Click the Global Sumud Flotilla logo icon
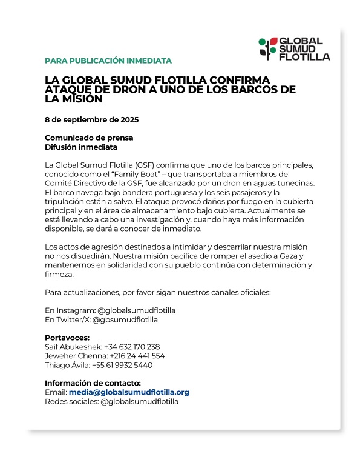click(268, 48)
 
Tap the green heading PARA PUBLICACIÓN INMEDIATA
click(108, 61)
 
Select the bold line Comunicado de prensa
click(89, 138)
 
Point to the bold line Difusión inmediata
click(81, 147)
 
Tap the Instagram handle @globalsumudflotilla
click(136, 310)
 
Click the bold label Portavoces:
click(67, 338)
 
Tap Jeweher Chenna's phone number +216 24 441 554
click(137, 356)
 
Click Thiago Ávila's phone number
click(122, 365)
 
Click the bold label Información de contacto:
click(93, 383)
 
